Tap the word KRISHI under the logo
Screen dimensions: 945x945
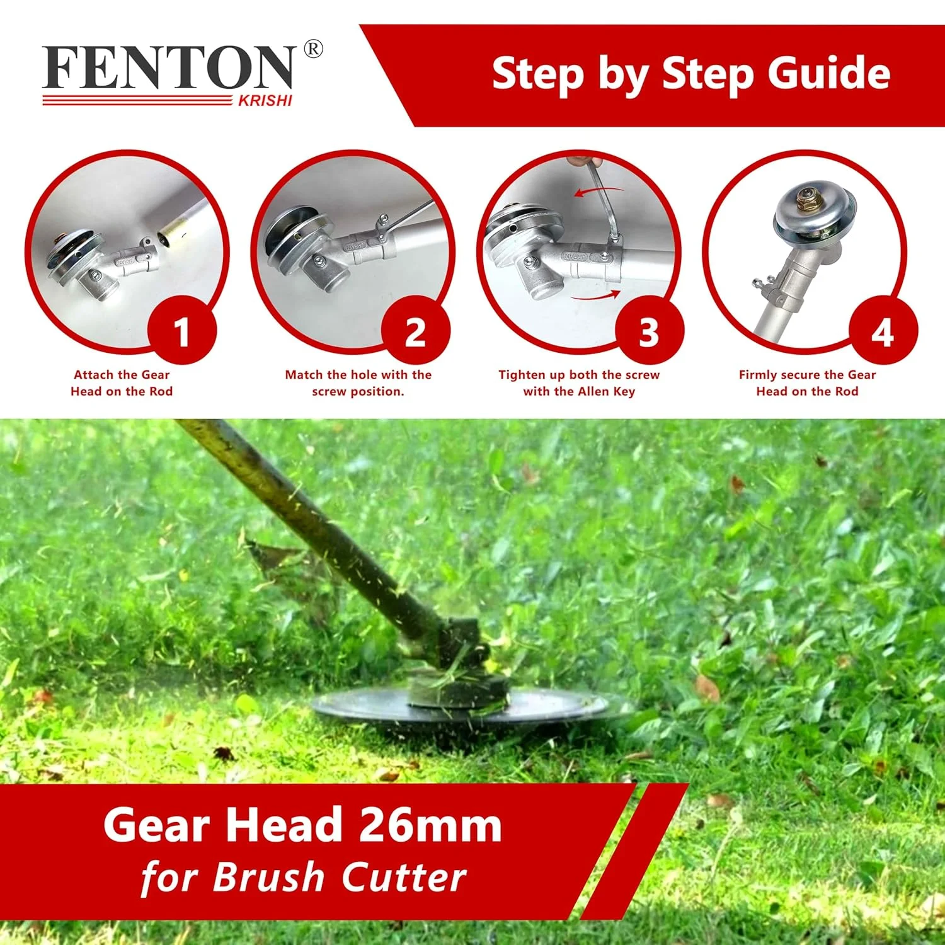(265, 101)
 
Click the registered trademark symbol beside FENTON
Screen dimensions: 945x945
(313, 49)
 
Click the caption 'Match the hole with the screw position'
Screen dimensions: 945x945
(358, 383)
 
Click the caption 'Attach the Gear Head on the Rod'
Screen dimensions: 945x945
(122, 383)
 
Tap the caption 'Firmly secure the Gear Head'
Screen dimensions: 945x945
(807, 383)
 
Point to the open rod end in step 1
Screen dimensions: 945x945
(166, 238)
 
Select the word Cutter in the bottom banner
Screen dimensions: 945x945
(404, 877)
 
